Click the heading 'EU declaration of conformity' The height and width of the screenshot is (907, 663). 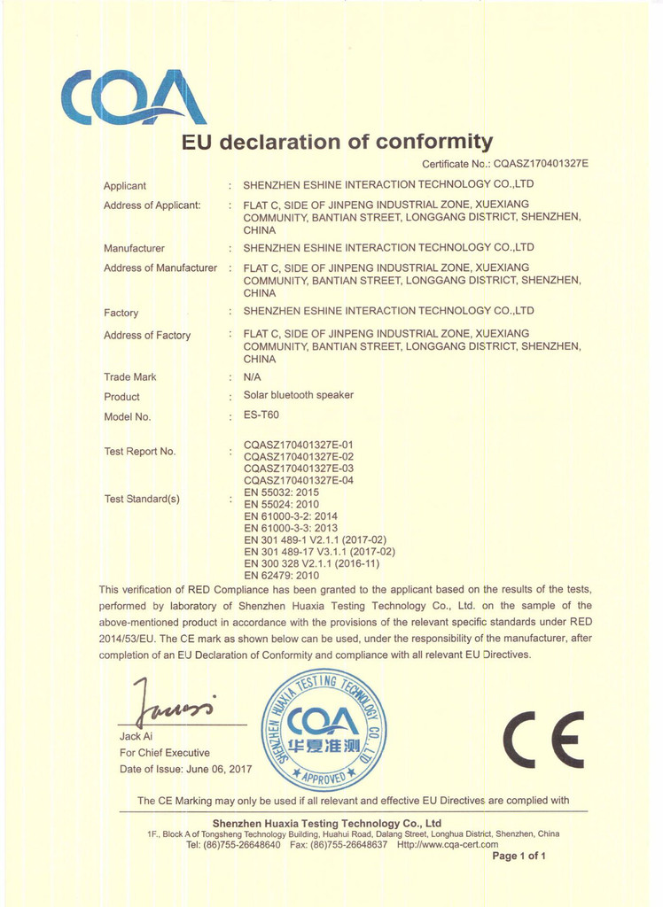(337, 142)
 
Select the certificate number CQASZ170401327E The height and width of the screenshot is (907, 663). (541, 164)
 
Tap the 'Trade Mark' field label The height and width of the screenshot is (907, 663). (129, 377)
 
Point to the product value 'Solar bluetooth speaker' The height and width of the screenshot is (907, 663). (298, 395)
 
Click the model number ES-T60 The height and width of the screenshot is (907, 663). (261, 415)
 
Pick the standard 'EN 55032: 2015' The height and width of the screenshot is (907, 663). (281, 492)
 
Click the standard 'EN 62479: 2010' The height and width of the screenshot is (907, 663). (281, 575)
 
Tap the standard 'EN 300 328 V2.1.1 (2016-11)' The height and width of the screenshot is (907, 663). (311, 563)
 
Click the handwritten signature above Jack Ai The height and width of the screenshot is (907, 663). (173, 703)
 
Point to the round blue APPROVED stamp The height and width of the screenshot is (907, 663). (324, 730)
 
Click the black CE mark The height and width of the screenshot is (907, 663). (543, 739)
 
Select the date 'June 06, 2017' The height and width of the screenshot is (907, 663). (220, 769)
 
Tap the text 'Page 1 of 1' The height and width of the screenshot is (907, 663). (519, 856)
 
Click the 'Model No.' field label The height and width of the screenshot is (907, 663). (127, 416)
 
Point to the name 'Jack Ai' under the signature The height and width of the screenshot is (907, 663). (136, 737)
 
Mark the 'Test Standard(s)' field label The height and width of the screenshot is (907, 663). (142, 499)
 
